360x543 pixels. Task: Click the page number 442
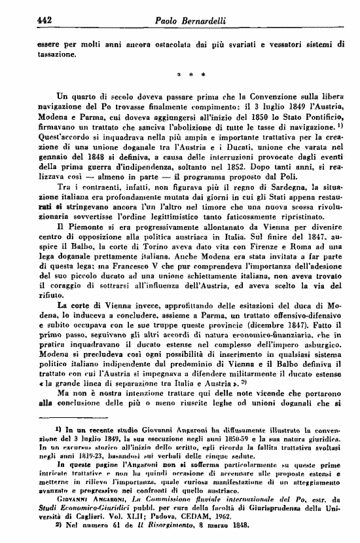pos(27,22)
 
